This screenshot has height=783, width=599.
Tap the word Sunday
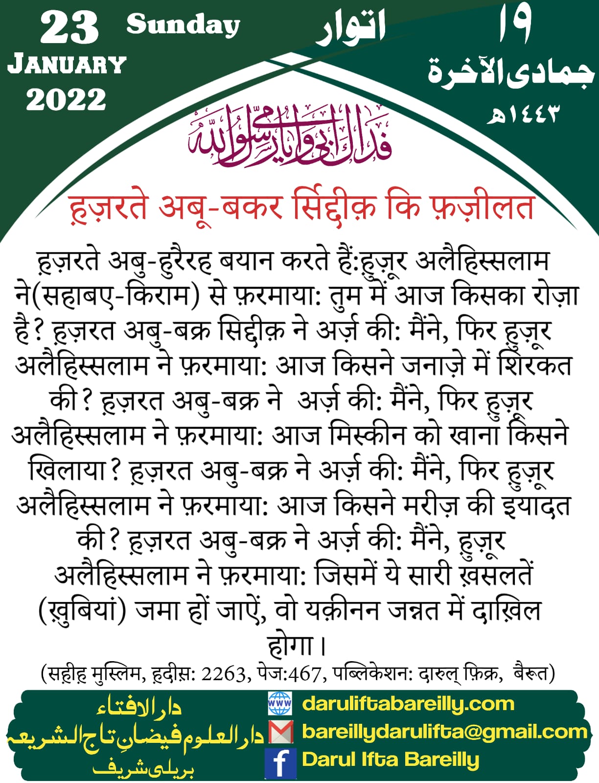tap(183, 24)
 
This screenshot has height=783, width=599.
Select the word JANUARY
tap(67, 65)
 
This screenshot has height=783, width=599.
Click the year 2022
tap(66, 100)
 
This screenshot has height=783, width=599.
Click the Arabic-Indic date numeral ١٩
tap(515, 24)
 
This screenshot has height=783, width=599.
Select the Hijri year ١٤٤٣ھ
tap(522, 115)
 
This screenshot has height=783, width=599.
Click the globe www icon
tap(280, 704)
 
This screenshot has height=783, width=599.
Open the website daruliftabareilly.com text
tap(408, 704)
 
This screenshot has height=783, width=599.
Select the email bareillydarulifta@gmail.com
tap(444, 732)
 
